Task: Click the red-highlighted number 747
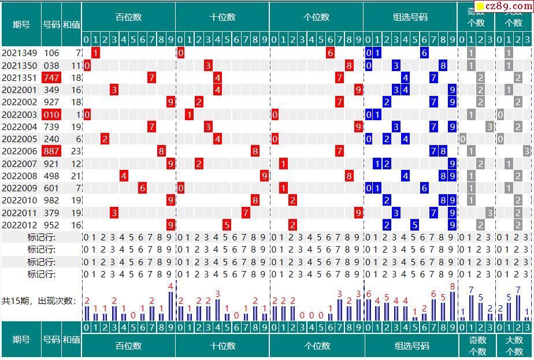click(51, 78)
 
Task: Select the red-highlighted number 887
click(51, 151)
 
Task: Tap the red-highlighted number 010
click(51, 114)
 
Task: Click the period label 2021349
click(19, 53)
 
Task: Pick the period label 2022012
click(19, 225)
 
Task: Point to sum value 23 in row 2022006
click(76, 151)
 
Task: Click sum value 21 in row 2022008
click(76, 176)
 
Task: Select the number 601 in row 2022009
click(51, 188)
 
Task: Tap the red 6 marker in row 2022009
click(142, 188)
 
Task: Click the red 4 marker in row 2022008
click(124, 176)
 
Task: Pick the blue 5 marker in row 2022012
click(415, 225)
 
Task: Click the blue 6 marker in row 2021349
click(424, 53)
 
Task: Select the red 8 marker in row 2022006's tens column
click(255, 151)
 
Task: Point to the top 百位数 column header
click(128, 17)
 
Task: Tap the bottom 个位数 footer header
click(317, 346)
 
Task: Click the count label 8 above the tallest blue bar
click(452, 286)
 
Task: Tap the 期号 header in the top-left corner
click(21, 25)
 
